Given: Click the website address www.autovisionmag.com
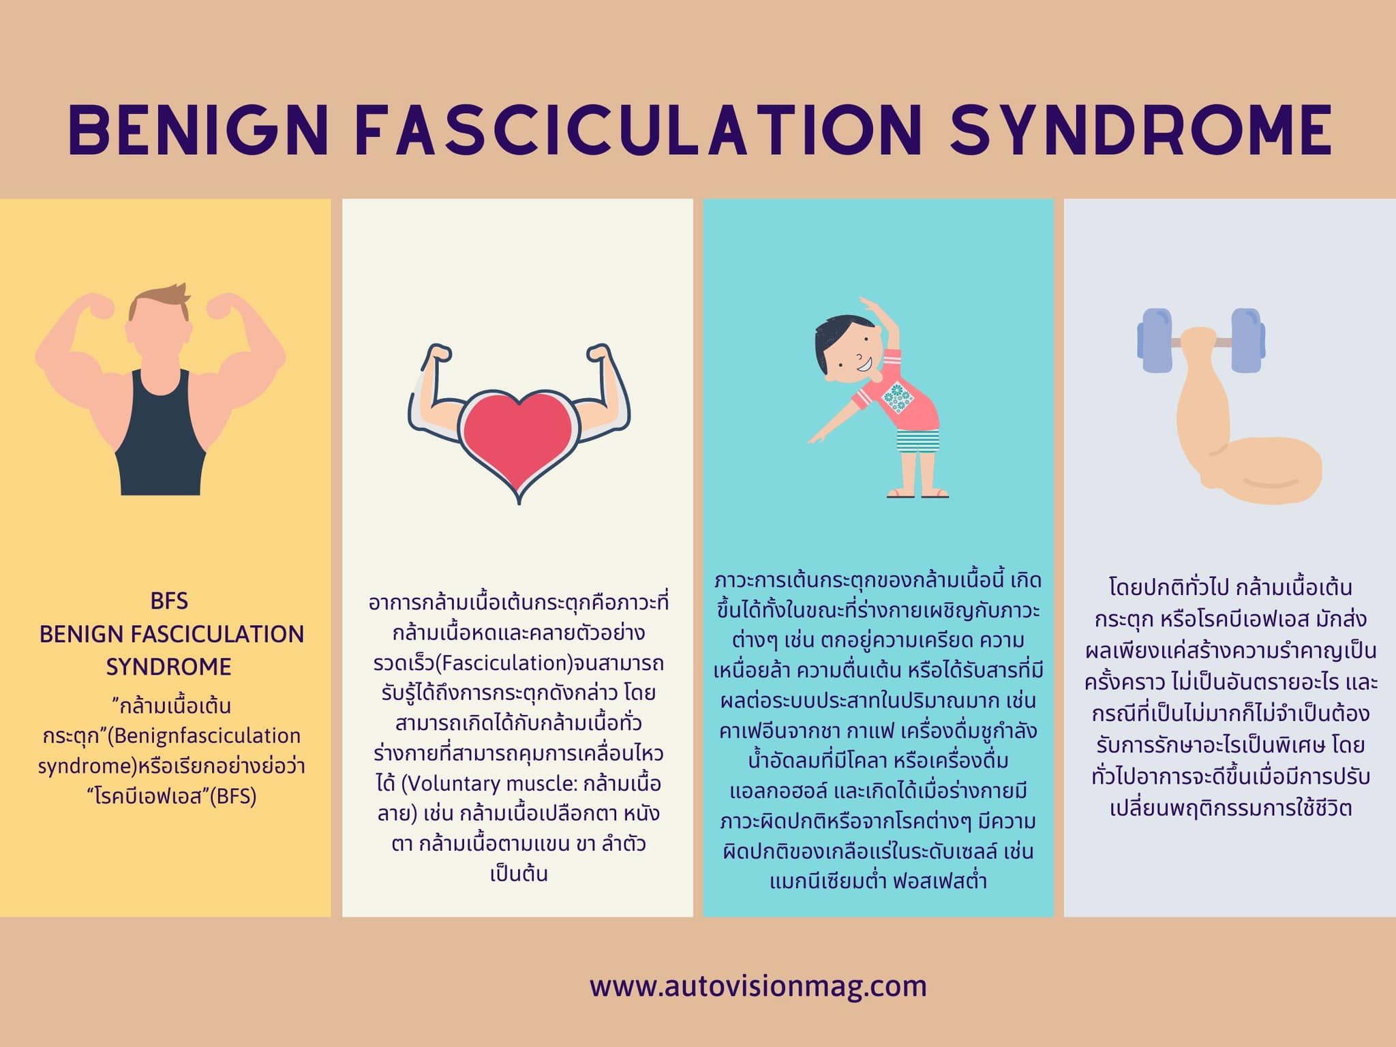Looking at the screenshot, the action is [758, 986].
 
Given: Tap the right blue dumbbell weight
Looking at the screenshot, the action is [1248, 341].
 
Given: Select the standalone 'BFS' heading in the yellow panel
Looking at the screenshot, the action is [169, 601].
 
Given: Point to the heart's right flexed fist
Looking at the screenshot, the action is [601, 355].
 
